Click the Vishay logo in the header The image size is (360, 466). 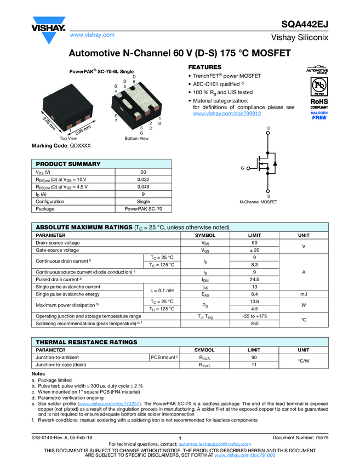(x=48, y=26)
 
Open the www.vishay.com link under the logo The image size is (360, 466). (x=92, y=35)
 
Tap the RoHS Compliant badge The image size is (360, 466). (x=319, y=104)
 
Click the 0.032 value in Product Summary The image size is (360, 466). (x=144, y=179)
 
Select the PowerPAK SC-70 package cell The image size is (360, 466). (x=144, y=209)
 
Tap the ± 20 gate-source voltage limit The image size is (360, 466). (x=254, y=250)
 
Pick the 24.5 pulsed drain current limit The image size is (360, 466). (x=254, y=280)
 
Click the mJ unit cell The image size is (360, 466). (x=303, y=294)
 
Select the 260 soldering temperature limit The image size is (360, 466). (x=254, y=323)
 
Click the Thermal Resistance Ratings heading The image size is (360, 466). (x=83, y=342)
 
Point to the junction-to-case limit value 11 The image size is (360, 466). (x=254, y=364)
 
